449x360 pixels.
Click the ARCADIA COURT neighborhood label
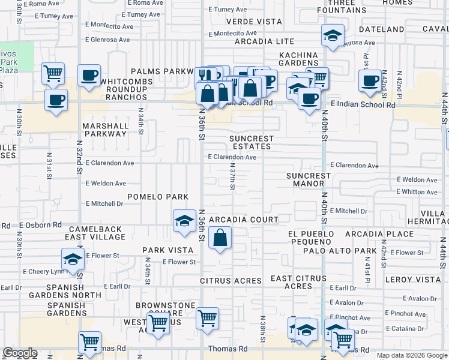(x=244, y=220)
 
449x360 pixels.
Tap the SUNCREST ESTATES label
(x=251, y=142)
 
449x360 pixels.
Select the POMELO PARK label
(x=157, y=197)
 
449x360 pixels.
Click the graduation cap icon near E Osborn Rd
(x=184, y=221)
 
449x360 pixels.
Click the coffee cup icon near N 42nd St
(x=370, y=80)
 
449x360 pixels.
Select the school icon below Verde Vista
(x=332, y=35)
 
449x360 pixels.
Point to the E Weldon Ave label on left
(x=106, y=183)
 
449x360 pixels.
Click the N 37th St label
(x=232, y=179)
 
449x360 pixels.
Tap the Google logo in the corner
(x=19, y=353)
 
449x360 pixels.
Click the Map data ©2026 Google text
(x=411, y=355)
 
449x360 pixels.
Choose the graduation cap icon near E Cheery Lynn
(x=73, y=260)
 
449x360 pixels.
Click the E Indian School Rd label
(x=363, y=105)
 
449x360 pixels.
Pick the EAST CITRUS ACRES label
(x=298, y=282)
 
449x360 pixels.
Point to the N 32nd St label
(x=79, y=157)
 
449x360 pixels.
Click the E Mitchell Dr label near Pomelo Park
(x=104, y=203)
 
